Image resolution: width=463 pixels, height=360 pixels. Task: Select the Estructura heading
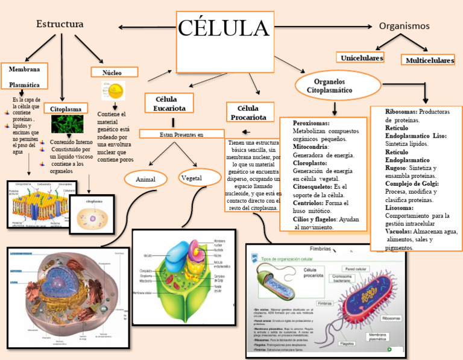59,24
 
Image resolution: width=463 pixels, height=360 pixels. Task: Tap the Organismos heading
404,26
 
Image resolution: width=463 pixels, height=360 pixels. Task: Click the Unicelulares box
362,58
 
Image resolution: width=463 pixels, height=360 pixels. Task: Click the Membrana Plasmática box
24,76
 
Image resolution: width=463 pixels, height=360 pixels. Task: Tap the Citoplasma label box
66,109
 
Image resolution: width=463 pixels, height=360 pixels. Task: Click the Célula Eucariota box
169,103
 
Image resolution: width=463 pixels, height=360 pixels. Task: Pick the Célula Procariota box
251,113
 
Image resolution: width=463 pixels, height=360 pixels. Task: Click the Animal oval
145,180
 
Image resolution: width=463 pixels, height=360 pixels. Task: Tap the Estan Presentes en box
181,134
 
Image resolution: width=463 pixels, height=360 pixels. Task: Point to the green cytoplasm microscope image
68,124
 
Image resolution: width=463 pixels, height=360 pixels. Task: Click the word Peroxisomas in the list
311,123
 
